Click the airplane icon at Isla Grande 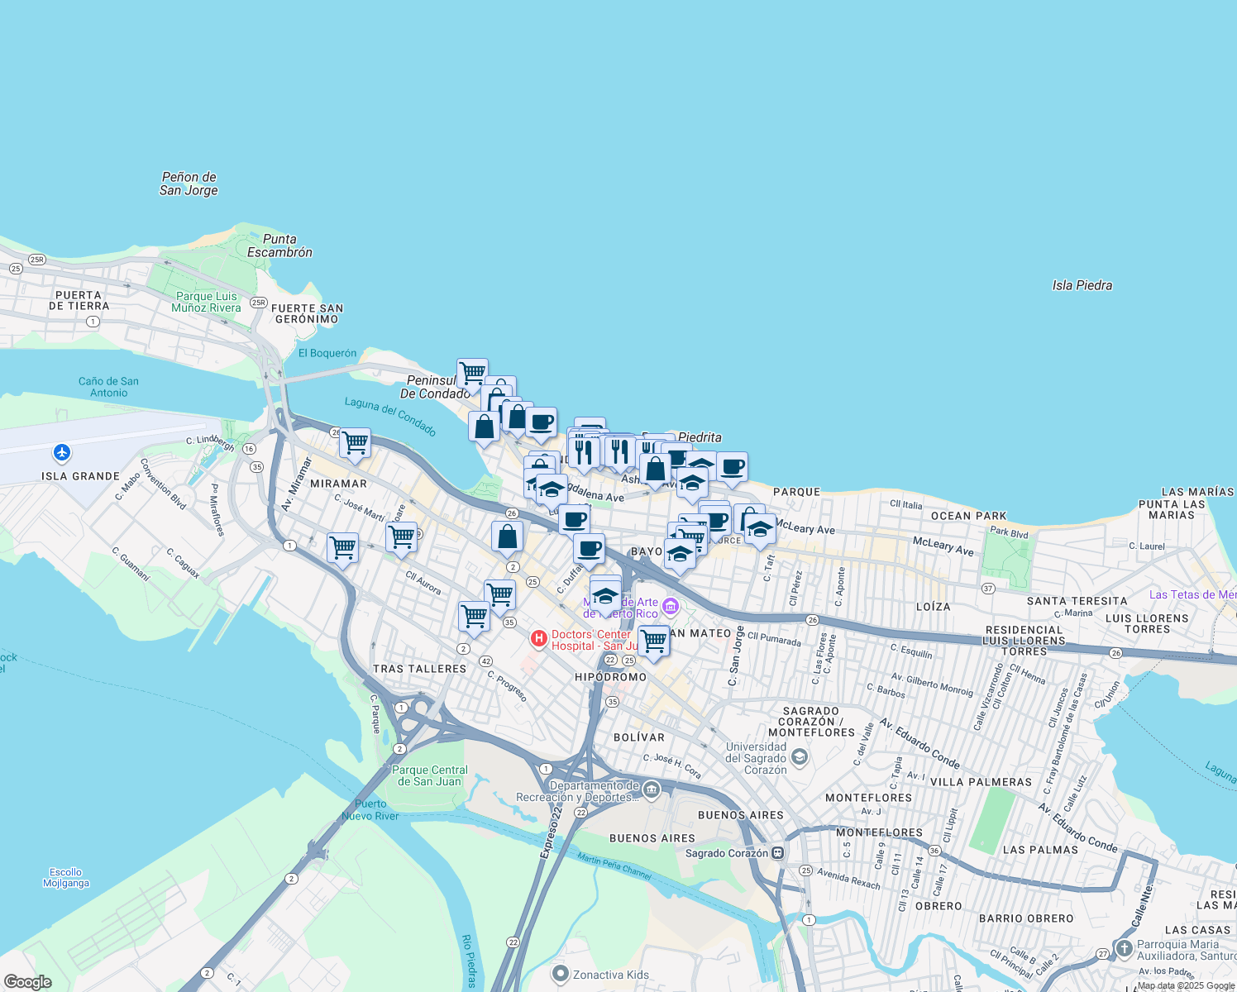[62, 453]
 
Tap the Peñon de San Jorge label [189, 184]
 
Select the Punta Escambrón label [279, 246]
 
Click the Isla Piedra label [1082, 285]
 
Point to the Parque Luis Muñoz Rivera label [206, 302]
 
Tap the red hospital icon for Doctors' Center [539, 639]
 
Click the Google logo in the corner [27, 982]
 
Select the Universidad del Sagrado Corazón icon [799, 756]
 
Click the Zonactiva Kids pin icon [561, 975]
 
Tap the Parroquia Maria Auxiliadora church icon [1124, 948]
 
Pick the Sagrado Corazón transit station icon [777, 853]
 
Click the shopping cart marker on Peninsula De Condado [472, 374]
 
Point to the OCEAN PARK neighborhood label [969, 516]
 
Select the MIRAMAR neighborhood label [338, 484]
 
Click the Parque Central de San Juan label [429, 775]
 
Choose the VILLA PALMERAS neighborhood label [981, 782]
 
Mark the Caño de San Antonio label [108, 387]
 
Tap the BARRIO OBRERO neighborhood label [1025, 918]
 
